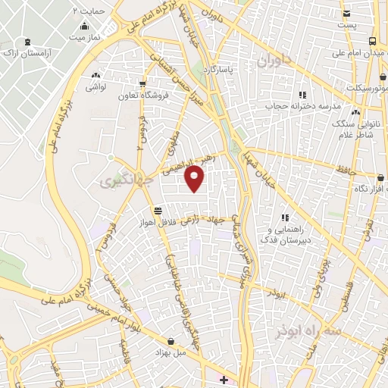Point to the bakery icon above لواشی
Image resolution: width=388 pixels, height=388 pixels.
point(95,76)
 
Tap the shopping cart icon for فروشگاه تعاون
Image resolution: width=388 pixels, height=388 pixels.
point(142,84)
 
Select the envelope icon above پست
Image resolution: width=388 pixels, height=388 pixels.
point(346,14)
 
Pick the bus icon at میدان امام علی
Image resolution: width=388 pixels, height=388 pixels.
point(373,41)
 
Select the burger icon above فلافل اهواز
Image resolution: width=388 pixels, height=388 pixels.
point(157,211)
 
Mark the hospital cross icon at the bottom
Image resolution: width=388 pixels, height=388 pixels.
point(222,378)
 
